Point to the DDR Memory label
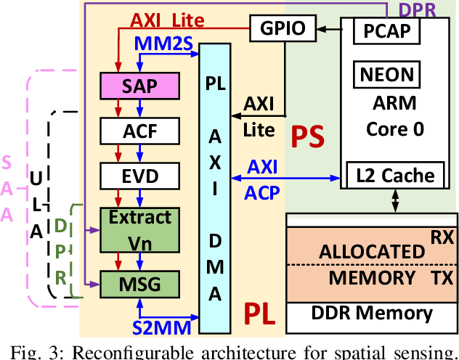tap(373, 314)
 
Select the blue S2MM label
tap(162, 327)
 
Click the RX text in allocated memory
tap(441, 237)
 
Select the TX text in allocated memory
tap(441, 277)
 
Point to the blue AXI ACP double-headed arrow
tap(287, 177)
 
